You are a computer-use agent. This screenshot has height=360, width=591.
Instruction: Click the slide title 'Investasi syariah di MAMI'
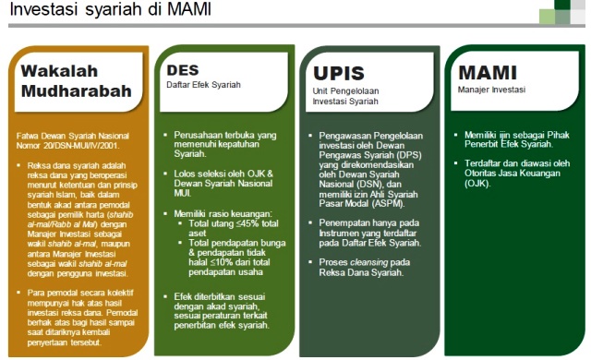coord(110,9)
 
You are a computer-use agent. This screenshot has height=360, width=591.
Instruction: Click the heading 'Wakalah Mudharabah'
coord(77,81)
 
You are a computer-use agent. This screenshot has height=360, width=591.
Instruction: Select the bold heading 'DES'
coord(183,70)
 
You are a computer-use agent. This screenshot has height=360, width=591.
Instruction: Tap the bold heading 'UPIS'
coord(339,73)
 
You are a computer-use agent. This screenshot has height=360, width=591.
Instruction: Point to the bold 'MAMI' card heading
coord(488,73)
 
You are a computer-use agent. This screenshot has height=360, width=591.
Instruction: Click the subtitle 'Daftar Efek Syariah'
coord(203,85)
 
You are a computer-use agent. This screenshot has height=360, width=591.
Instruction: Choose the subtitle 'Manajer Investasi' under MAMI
coord(491,90)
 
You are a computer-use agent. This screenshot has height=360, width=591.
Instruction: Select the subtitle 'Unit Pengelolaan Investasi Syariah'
coord(345,96)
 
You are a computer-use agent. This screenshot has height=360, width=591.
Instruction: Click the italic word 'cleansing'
coord(368,262)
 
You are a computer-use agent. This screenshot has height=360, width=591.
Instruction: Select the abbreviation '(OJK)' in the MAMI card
coord(477,184)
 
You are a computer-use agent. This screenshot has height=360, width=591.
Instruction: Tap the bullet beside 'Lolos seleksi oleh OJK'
coord(165,174)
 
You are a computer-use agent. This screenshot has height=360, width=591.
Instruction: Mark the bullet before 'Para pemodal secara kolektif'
coord(18,293)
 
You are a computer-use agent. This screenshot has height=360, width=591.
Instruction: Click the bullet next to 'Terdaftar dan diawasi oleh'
coord(455,163)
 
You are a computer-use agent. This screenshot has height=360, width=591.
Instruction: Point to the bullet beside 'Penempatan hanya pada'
coord(310,222)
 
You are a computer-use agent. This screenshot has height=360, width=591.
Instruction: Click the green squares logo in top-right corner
coord(562,12)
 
